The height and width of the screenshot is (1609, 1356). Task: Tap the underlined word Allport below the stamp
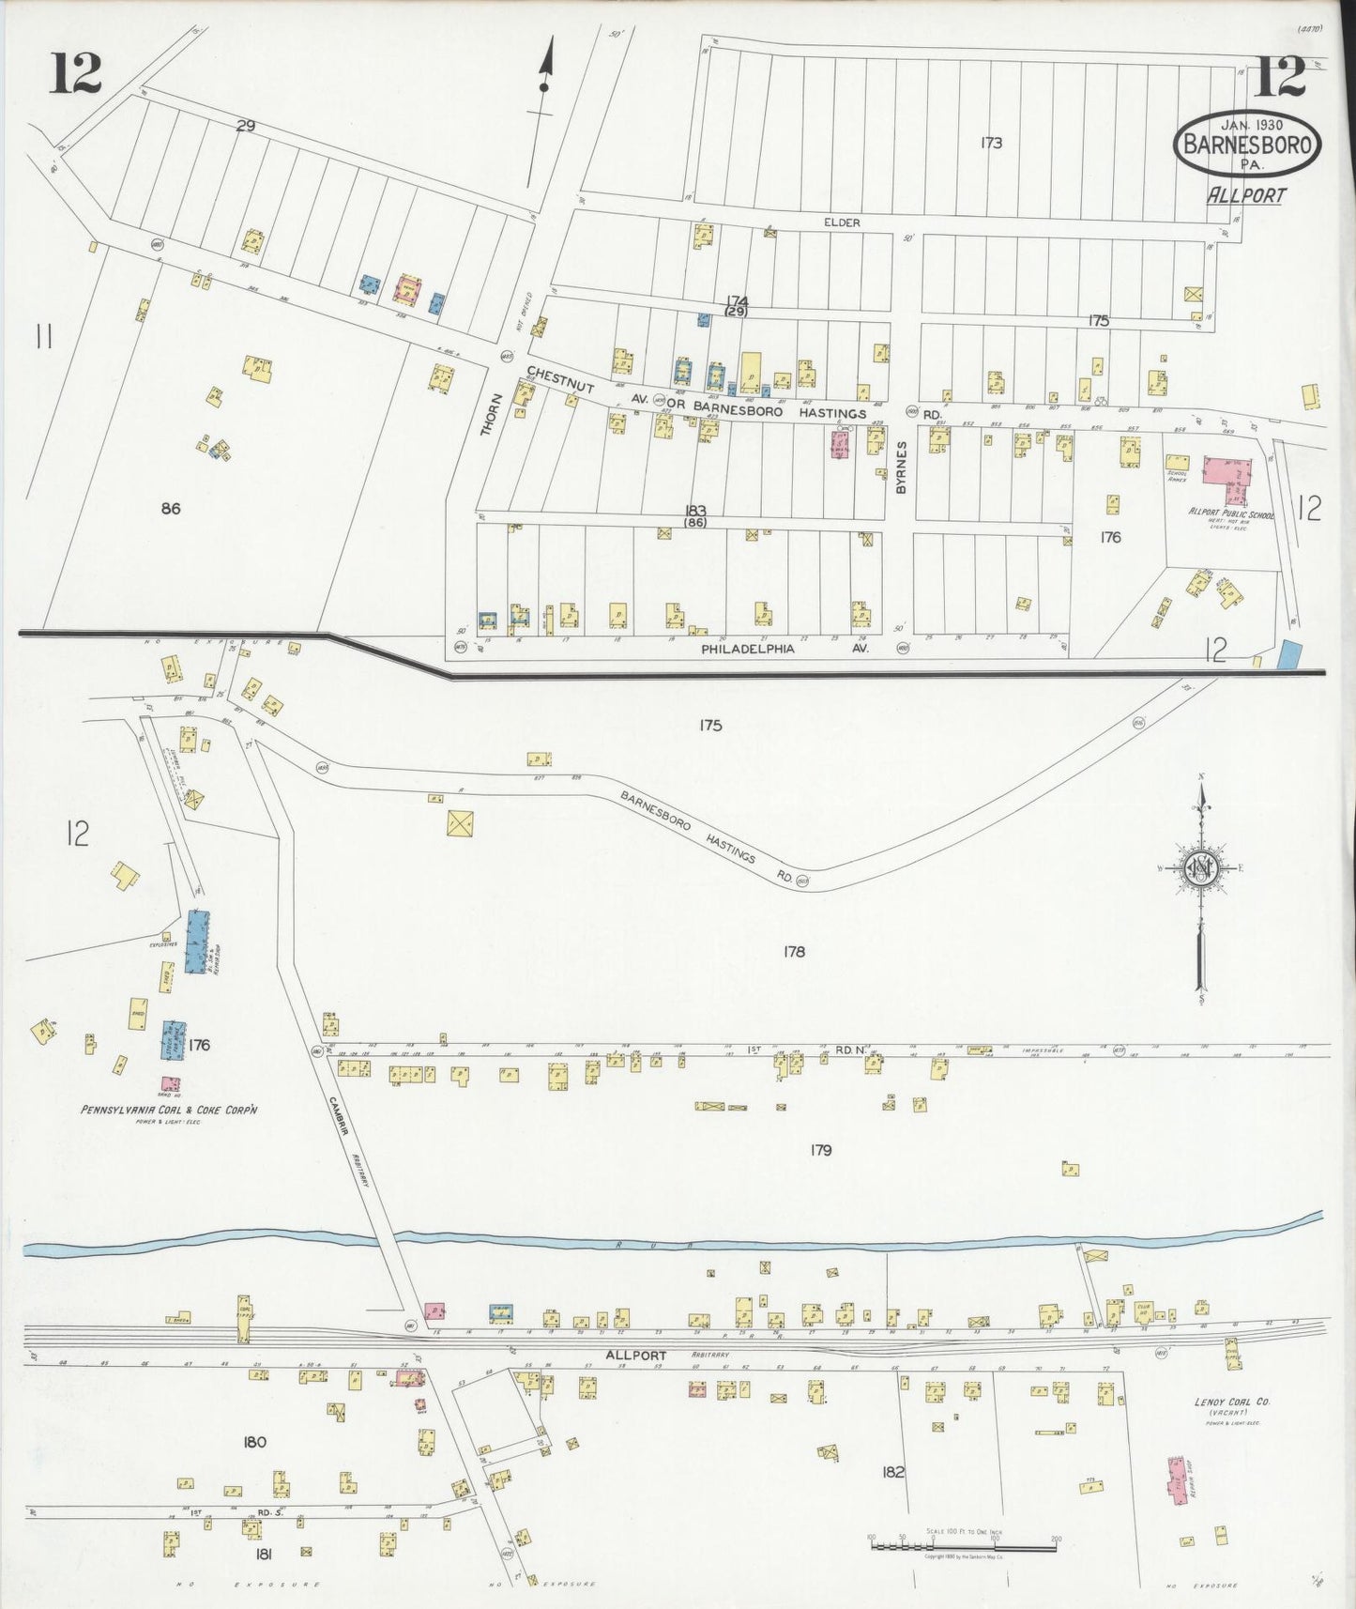pyautogui.click(x=1245, y=195)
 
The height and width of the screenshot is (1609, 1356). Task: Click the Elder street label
pyautogui.click(x=842, y=222)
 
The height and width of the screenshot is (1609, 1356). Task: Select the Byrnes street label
pyautogui.click(x=900, y=467)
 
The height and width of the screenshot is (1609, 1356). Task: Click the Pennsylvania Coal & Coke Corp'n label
pyautogui.click(x=169, y=1110)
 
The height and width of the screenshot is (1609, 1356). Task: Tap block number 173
pyautogui.click(x=991, y=143)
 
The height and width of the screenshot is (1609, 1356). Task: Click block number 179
pyautogui.click(x=819, y=1150)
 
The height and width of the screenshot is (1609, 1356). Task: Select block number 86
pyautogui.click(x=170, y=509)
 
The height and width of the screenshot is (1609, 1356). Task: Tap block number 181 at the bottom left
pyautogui.click(x=264, y=1554)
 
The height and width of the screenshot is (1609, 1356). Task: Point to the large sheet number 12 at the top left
pyautogui.click(x=76, y=75)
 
